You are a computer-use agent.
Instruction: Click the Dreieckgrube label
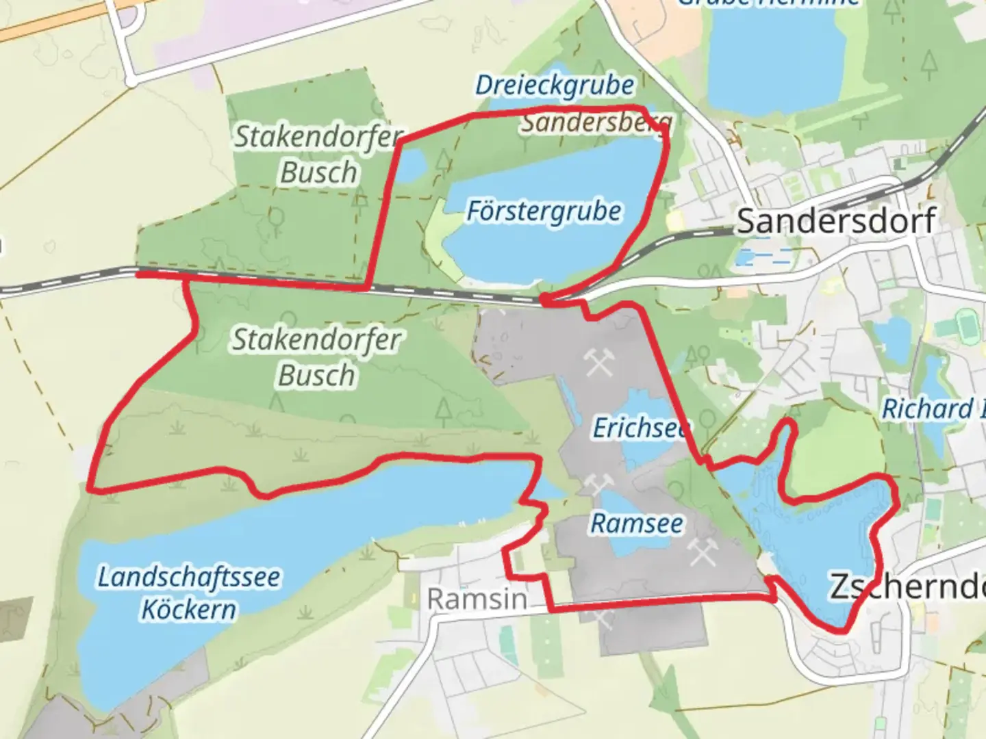(x=555, y=86)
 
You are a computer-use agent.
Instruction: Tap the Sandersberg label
(x=596, y=124)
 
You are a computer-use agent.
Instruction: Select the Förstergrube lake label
(x=544, y=211)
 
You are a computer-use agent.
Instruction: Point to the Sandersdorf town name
(x=836, y=221)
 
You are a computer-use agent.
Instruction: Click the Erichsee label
(x=640, y=428)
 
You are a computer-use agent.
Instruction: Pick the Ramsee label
(x=637, y=523)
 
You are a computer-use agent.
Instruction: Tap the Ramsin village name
(x=477, y=599)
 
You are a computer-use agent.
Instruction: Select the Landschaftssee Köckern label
(x=188, y=593)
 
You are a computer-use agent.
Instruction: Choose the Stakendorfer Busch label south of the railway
(x=316, y=357)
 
